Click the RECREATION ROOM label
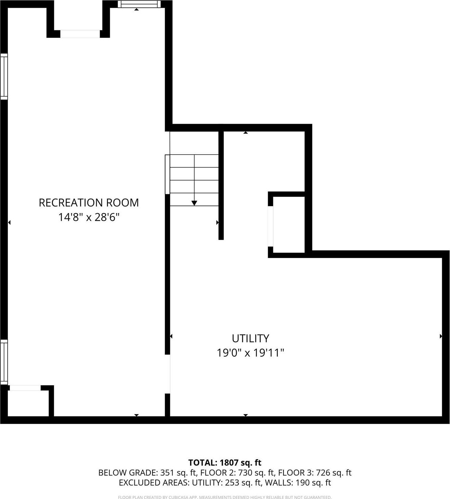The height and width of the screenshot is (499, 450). [89, 202]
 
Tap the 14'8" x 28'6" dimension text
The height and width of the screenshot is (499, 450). [89, 217]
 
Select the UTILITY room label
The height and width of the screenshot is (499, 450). [250, 338]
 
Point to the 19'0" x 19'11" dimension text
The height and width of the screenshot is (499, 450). [250, 352]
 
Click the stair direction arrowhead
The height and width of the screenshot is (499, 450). [194, 203]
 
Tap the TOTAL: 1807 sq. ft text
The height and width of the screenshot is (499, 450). [225, 463]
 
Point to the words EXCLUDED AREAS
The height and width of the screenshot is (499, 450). [153, 483]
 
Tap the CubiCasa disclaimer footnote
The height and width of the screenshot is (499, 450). [225, 497]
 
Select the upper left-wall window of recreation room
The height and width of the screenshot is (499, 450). [4, 76]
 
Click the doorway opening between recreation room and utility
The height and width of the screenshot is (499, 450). [168, 374]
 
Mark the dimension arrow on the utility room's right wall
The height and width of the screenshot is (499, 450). [441, 336]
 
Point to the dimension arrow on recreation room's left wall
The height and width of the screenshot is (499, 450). [9, 223]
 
